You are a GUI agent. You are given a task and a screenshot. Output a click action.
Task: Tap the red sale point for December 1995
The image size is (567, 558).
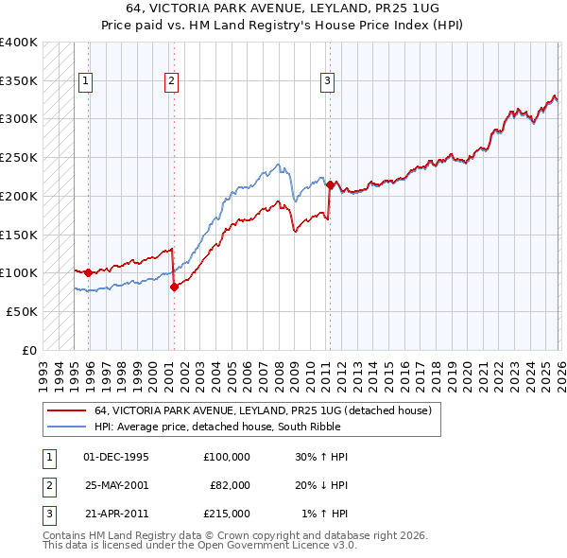click(x=89, y=272)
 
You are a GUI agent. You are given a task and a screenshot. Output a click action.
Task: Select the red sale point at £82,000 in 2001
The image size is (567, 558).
click(x=174, y=287)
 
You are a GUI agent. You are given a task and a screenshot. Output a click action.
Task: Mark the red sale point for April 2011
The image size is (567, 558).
click(x=330, y=184)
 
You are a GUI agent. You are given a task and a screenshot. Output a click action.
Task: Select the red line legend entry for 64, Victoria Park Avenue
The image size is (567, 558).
click(x=263, y=410)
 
